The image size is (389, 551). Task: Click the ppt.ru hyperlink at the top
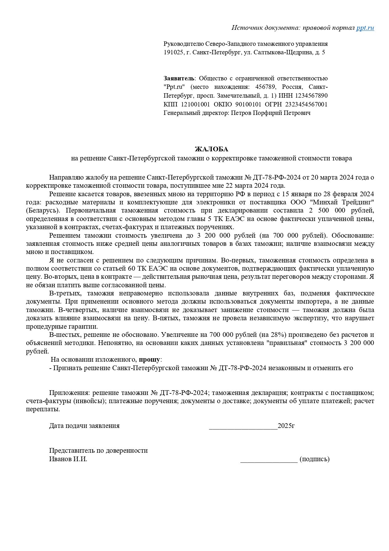pyautogui.click(x=365, y=28)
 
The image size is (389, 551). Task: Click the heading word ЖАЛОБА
pyautogui.click(x=212, y=149)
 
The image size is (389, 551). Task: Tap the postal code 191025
pyautogui.click(x=173, y=52)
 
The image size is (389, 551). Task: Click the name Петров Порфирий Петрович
pyautogui.click(x=271, y=113)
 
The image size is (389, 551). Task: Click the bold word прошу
pyautogui.click(x=150, y=359)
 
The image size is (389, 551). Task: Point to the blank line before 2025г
pyautogui.click(x=243, y=426)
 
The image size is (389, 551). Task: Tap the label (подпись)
pyautogui.click(x=314, y=459)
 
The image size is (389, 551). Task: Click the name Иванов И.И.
pyautogui.click(x=68, y=459)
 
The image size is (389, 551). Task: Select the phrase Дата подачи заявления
pyautogui.click(x=84, y=426)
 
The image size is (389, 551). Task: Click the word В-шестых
pyautogui.click(x=64, y=335)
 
